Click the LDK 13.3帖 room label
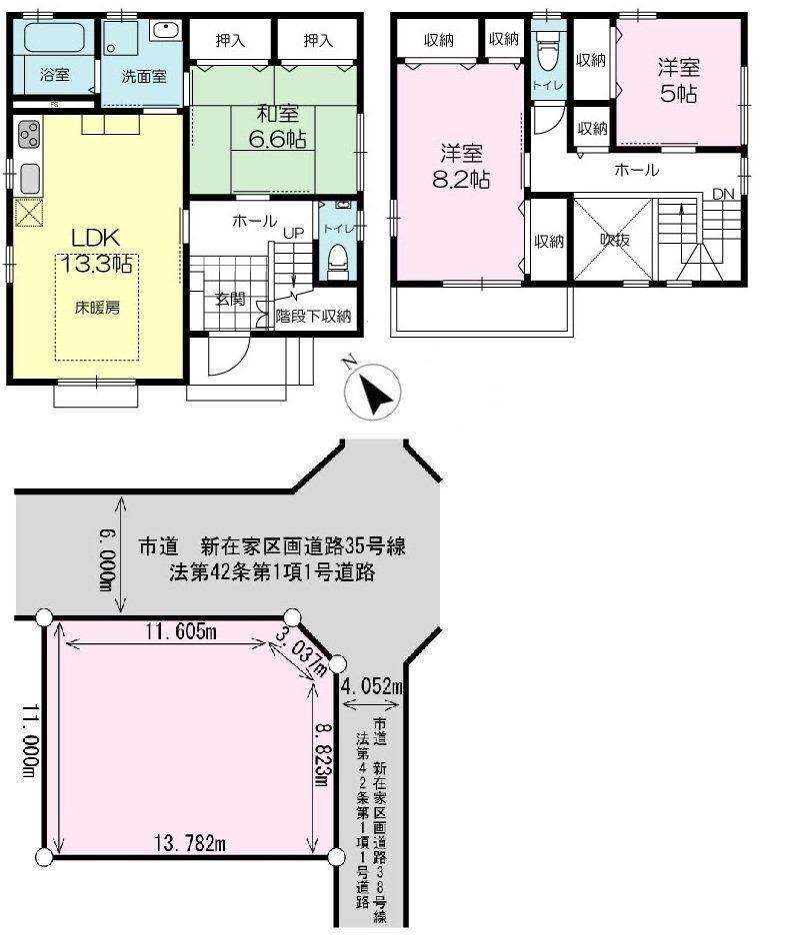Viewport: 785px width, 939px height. [95, 250]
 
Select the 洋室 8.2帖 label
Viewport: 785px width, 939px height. [461, 167]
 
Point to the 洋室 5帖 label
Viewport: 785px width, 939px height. [678, 81]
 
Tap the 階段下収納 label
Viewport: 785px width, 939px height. [314, 317]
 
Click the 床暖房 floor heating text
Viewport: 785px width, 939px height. [97, 307]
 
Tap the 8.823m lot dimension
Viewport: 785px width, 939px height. [321, 740]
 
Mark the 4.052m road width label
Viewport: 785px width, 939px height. [370, 686]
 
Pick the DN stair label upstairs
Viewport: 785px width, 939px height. [723, 194]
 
